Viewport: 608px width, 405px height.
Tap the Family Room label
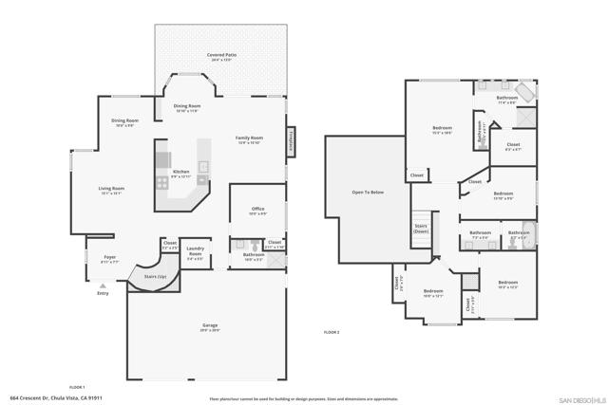tap(249, 138)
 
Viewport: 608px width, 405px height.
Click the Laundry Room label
tap(195, 252)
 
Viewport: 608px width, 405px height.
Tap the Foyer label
tap(110, 256)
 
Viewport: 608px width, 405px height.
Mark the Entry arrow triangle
tap(103, 285)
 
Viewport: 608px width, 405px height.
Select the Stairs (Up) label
tap(156, 277)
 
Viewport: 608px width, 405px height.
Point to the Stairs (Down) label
tap(421, 228)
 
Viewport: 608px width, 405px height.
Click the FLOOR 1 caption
tap(76, 386)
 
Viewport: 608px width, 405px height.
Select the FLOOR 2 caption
tap(332, 332)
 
